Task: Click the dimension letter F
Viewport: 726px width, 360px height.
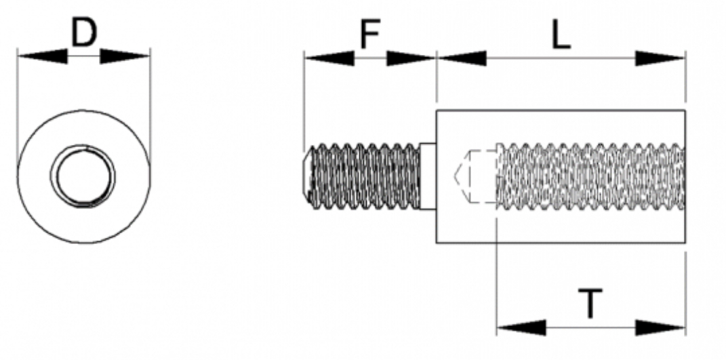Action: [369, 35]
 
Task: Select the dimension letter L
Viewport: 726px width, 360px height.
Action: [560, 37]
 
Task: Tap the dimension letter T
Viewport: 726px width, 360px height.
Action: [590, 303]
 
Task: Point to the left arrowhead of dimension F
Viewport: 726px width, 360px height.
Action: [329, 58]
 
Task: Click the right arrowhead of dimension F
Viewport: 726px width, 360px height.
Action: [411, 58]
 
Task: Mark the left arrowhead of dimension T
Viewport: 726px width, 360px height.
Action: [521, 328]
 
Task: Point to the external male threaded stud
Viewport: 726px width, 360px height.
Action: [363, 176]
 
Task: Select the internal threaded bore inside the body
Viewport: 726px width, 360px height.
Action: [590, 176]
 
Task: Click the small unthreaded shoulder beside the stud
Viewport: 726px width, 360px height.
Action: [427, 176]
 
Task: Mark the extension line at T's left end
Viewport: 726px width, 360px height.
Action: [497, 285]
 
